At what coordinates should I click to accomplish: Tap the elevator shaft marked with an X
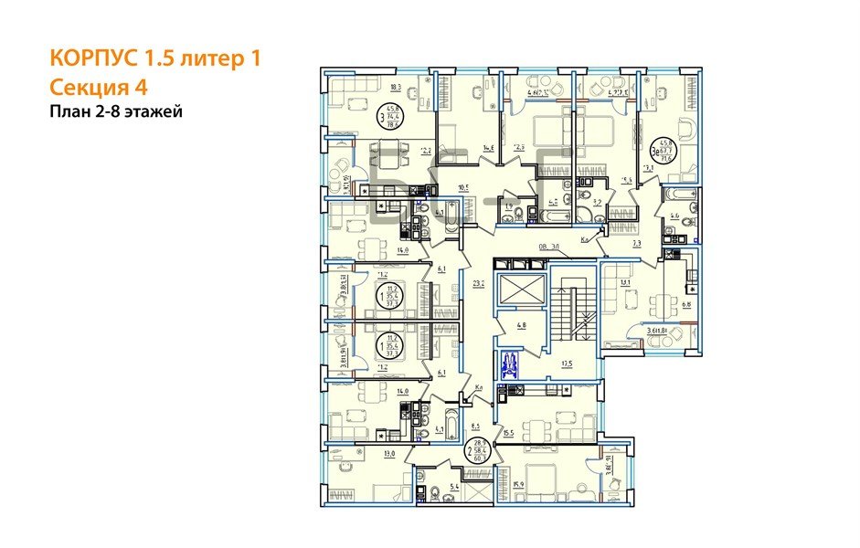click(x=518, y=290)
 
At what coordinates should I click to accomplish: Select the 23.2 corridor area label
click(x=477, y=284)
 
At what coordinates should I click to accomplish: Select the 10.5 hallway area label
click(x=462, y=189)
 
